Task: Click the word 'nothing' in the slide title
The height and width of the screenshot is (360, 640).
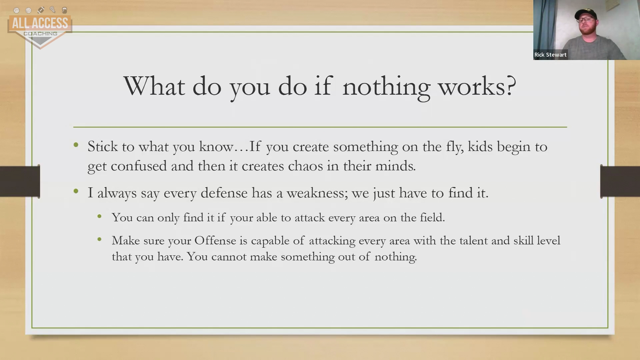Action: click(x=386, y=87)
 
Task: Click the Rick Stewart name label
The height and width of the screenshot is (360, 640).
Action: click(x=550, y=55)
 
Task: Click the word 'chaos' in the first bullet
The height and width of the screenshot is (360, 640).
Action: click(x=305, y=166)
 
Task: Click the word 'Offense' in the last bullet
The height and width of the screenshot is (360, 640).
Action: click(x=215, y=241)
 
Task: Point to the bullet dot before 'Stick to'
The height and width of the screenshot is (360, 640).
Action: click(x=76, y=145)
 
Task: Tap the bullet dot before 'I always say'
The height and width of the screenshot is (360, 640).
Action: click(x=76, y=191)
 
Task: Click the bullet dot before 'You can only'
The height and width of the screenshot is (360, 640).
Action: click(x=99, y=217)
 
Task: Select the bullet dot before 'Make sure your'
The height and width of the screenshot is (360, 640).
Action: click(x=99, y=239)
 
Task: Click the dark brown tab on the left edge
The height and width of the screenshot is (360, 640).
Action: click(x=20, y=181)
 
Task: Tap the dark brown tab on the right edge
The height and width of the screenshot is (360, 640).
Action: click(x=620, y=181)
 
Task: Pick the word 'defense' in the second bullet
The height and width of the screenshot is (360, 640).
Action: click(x=224, y=193)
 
